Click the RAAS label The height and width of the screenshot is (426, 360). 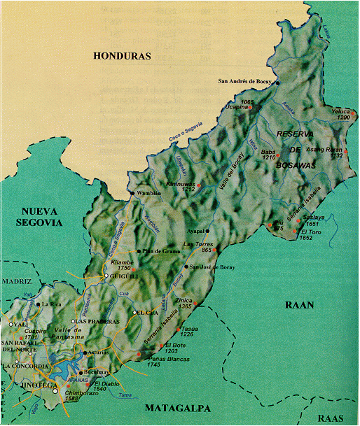coord(331,418)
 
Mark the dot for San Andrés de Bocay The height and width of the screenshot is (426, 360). coord(277,83)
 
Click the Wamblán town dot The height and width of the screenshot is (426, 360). coord(131,193)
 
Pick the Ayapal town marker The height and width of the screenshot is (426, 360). coord(207,230)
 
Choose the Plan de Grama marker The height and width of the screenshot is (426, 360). coord(138,251)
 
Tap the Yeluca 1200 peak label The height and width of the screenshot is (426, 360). coord(340,114)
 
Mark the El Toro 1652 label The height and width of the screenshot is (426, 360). coord(311,234)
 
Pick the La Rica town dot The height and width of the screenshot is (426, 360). coord(38,304)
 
